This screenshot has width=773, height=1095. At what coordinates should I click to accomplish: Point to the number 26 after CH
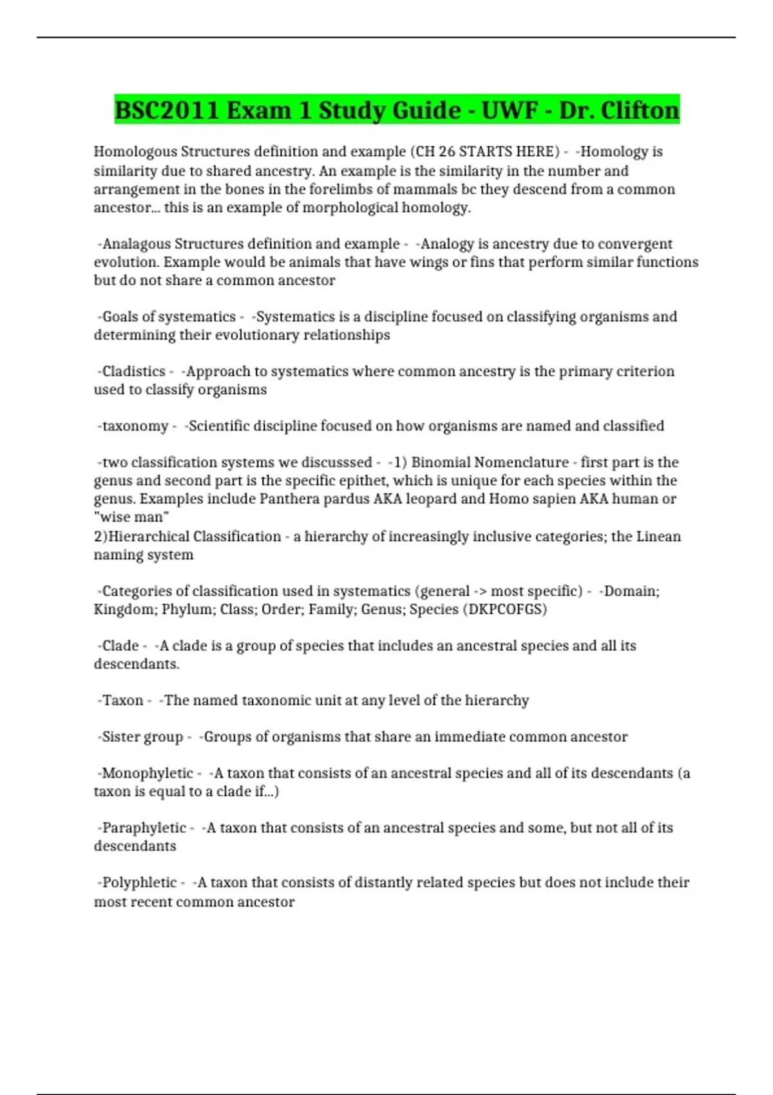[x=446, y=151]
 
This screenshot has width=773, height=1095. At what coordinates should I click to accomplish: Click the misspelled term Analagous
[x=137, y=244]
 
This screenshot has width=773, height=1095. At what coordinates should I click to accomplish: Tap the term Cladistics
[x=134, y=372]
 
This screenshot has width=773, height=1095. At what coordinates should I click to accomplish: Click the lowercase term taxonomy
[x=135, y=426]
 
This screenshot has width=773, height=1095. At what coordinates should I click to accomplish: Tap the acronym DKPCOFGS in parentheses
[x=505, y=609]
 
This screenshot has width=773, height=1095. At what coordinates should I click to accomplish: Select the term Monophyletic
[x=148, y=773]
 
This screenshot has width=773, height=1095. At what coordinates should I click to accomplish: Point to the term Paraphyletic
[x=144, y=828]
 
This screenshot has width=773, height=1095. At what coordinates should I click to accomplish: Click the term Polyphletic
[x=139, y=882]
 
